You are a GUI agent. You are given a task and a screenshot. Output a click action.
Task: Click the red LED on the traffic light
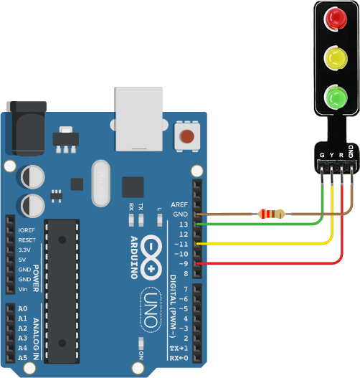(x=335, y=19)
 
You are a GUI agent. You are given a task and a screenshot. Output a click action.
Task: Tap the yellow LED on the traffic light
(x=336, y=58)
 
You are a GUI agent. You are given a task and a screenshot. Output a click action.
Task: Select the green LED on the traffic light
(x=336, y=97)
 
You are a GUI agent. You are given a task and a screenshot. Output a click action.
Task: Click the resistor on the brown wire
(x=271, y=214)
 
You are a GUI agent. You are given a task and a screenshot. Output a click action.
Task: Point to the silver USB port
(x=138, y=119)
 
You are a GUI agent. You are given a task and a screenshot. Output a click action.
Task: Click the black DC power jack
(x=27, y=128)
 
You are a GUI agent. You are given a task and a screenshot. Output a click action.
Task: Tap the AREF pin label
(x=179, y=204)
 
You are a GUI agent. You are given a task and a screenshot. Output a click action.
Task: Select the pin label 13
(x=184, y=225)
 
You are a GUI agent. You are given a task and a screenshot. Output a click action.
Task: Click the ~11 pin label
(x=181, y=244)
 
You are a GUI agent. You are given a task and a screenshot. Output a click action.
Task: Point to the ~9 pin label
(x=184, y=264)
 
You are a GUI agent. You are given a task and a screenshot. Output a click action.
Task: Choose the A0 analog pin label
(x=23, y=308)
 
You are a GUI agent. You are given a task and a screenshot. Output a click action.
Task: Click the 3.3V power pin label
(x=24, y=250)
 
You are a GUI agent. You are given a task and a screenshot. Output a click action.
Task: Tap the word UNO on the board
(x=151, y=310)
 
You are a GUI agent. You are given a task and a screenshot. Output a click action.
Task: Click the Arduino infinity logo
(x=151, y=257)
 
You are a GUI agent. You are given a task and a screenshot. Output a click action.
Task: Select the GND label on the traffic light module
(x=351, y=151)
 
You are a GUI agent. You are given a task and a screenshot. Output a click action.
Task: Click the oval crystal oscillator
(x=101, y=184)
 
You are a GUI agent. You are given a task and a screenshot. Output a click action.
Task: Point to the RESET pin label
(x=27, y=240)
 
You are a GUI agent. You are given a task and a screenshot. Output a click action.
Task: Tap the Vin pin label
(x=23, y=289)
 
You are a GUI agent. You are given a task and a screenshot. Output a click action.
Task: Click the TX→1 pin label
(x=179, y=349)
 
